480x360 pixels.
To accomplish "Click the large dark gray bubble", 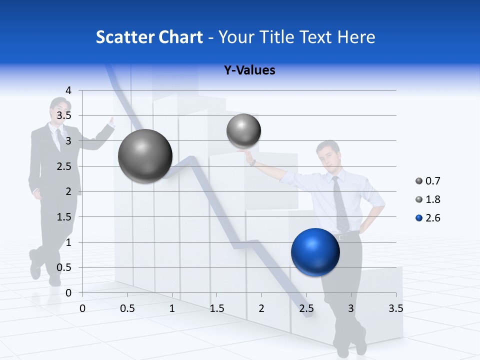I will (x=145, y=156).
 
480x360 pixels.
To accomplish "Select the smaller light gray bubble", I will (x=243, y=131).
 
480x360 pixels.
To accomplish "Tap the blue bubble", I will (x=315, y=252).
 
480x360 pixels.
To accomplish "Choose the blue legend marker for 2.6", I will (x=419, y=218).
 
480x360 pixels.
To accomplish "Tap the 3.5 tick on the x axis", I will (x=395, y=308).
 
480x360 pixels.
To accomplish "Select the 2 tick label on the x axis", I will (x=261, y=308).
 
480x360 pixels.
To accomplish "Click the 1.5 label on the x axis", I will (x=216, y=308).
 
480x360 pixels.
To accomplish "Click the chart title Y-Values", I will (x=249, y=70).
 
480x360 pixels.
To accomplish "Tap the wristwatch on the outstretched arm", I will (x=254, y=162).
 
